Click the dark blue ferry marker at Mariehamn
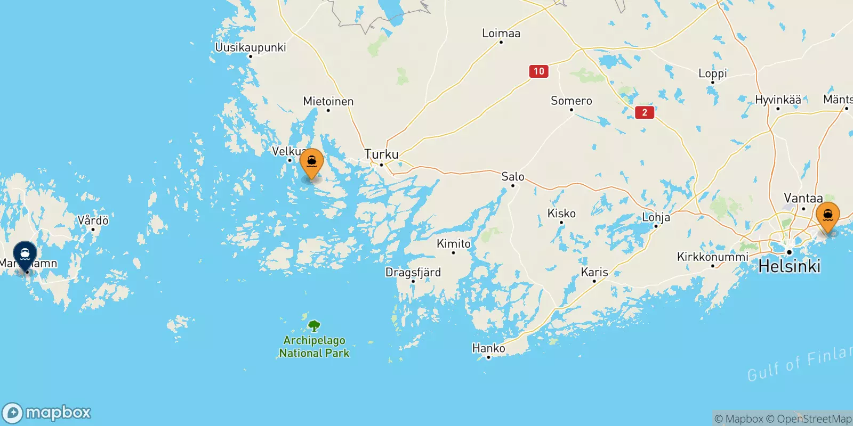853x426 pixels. coord(25,255)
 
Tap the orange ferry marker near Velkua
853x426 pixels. coord(312,162)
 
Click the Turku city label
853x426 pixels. coord(381,154)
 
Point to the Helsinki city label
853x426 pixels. coord(789,266)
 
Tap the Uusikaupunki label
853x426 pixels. coord(251,47)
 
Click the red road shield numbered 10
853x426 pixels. coord(539,71)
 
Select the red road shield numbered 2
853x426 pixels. coord(645,112)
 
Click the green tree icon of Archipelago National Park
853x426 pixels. coord(315,325)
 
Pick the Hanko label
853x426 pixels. coord(488,348)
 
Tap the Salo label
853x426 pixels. coord(513,177)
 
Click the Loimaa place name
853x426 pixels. coord(501,34)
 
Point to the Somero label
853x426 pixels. coord(572,101)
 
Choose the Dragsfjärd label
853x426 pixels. coord(413,273)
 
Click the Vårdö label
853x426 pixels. coord(93,220)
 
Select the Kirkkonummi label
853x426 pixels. coord(713,257)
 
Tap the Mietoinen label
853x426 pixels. coord(328,101)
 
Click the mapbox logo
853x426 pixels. coord(47,413)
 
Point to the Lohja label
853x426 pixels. coord(656,217)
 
